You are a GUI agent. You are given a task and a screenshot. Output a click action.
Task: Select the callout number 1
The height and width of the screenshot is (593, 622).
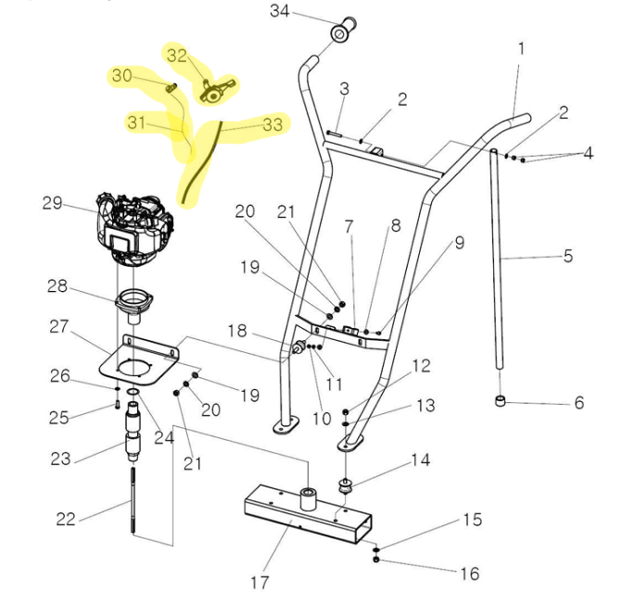coord(521,47)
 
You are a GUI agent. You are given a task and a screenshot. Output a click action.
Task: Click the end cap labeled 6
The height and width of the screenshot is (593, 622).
coord(501,402)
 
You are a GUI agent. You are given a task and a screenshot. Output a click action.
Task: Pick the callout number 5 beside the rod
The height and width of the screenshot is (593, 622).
coord(568,256)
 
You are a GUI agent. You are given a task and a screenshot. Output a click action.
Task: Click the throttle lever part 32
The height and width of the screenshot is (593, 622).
coord(216,90)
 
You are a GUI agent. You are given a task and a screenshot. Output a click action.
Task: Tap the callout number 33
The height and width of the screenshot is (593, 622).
coord(273,122)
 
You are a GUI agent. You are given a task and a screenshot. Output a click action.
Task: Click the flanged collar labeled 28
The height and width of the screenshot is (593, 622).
coord(135,302)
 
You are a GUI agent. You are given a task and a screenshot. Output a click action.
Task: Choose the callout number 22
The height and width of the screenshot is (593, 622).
coord(66,519)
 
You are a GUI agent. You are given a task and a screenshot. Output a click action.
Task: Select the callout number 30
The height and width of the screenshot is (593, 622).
coord(121,76)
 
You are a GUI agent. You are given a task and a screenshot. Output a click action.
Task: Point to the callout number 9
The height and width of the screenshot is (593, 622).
coord(459,245)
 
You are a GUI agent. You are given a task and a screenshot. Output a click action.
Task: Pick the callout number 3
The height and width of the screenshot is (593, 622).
coord(344,89)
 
